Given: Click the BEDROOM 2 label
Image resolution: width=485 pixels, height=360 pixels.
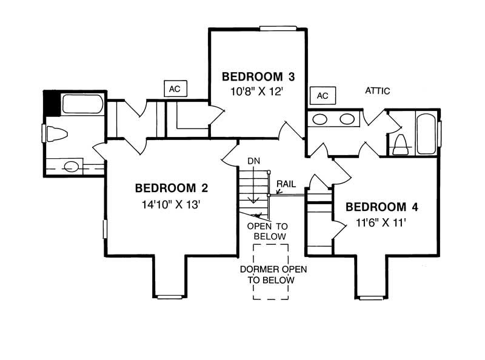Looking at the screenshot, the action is [x=172, y=188].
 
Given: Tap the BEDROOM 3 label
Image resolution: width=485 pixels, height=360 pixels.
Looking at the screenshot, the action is [x=258, y=76].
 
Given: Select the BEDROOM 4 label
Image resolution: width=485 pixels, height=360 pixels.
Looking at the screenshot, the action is [x=382, y=207].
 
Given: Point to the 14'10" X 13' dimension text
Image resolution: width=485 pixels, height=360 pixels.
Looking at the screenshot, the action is [x=172, y=204].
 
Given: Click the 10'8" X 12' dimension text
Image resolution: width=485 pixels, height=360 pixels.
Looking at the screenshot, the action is [x=257, y=92].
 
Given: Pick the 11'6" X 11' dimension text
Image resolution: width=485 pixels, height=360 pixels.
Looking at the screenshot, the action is [x=381, y=222].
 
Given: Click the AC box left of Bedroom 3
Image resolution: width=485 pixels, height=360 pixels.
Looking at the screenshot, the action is [x=175, y=88].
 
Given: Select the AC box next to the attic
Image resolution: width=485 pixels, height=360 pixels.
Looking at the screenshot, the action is [x=323, y=96].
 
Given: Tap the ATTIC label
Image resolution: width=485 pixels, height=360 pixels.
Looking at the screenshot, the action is [x=377, y=91].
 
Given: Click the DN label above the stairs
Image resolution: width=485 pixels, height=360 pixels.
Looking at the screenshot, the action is [x=253, y=161].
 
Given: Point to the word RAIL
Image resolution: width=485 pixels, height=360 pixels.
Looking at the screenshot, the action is [x=286, y=184].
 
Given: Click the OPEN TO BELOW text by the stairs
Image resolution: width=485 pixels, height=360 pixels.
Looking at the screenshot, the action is [x=268, y=232].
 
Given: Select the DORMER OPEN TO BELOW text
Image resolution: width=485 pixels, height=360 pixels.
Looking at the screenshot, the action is [x=273, y=275].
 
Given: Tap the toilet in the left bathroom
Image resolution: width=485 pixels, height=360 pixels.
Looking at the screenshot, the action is [x=56, y=133].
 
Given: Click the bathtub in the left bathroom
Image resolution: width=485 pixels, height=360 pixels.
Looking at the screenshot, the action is [x=82, y=104].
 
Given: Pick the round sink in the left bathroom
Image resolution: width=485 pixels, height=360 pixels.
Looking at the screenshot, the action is [x=72, y=167].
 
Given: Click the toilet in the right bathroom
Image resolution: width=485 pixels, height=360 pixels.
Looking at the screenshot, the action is [x=401, y=144].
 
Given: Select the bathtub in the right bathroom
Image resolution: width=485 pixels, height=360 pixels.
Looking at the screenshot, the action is [x=426, y=134].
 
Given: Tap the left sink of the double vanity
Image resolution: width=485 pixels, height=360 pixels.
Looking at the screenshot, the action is [x=320, y=119].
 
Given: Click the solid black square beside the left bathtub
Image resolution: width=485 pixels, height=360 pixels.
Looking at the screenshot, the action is [x=52, y=103].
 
